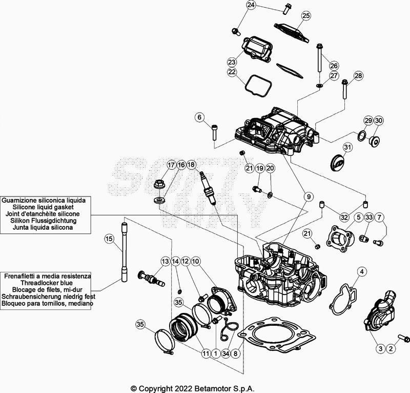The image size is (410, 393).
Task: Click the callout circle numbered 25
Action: point(306,16)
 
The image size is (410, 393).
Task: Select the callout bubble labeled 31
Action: point(348,148)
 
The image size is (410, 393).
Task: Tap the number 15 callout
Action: point(109,238)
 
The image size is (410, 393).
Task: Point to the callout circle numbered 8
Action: point(236,353)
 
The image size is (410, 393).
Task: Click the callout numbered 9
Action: point(309,196)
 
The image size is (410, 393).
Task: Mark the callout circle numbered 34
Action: point(225,353)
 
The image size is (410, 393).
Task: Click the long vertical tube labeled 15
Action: point(124,251)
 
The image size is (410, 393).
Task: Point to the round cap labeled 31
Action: point(336,163)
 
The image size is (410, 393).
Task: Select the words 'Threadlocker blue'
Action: point(47,283)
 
